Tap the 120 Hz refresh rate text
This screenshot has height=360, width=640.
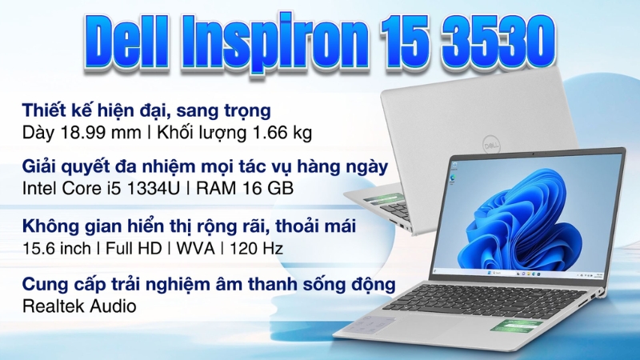tap(258, 248)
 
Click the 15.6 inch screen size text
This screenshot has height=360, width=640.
tap(57, 248)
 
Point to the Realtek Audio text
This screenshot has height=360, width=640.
tap(79, 306)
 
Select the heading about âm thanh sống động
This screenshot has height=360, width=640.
tap(209, 284)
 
